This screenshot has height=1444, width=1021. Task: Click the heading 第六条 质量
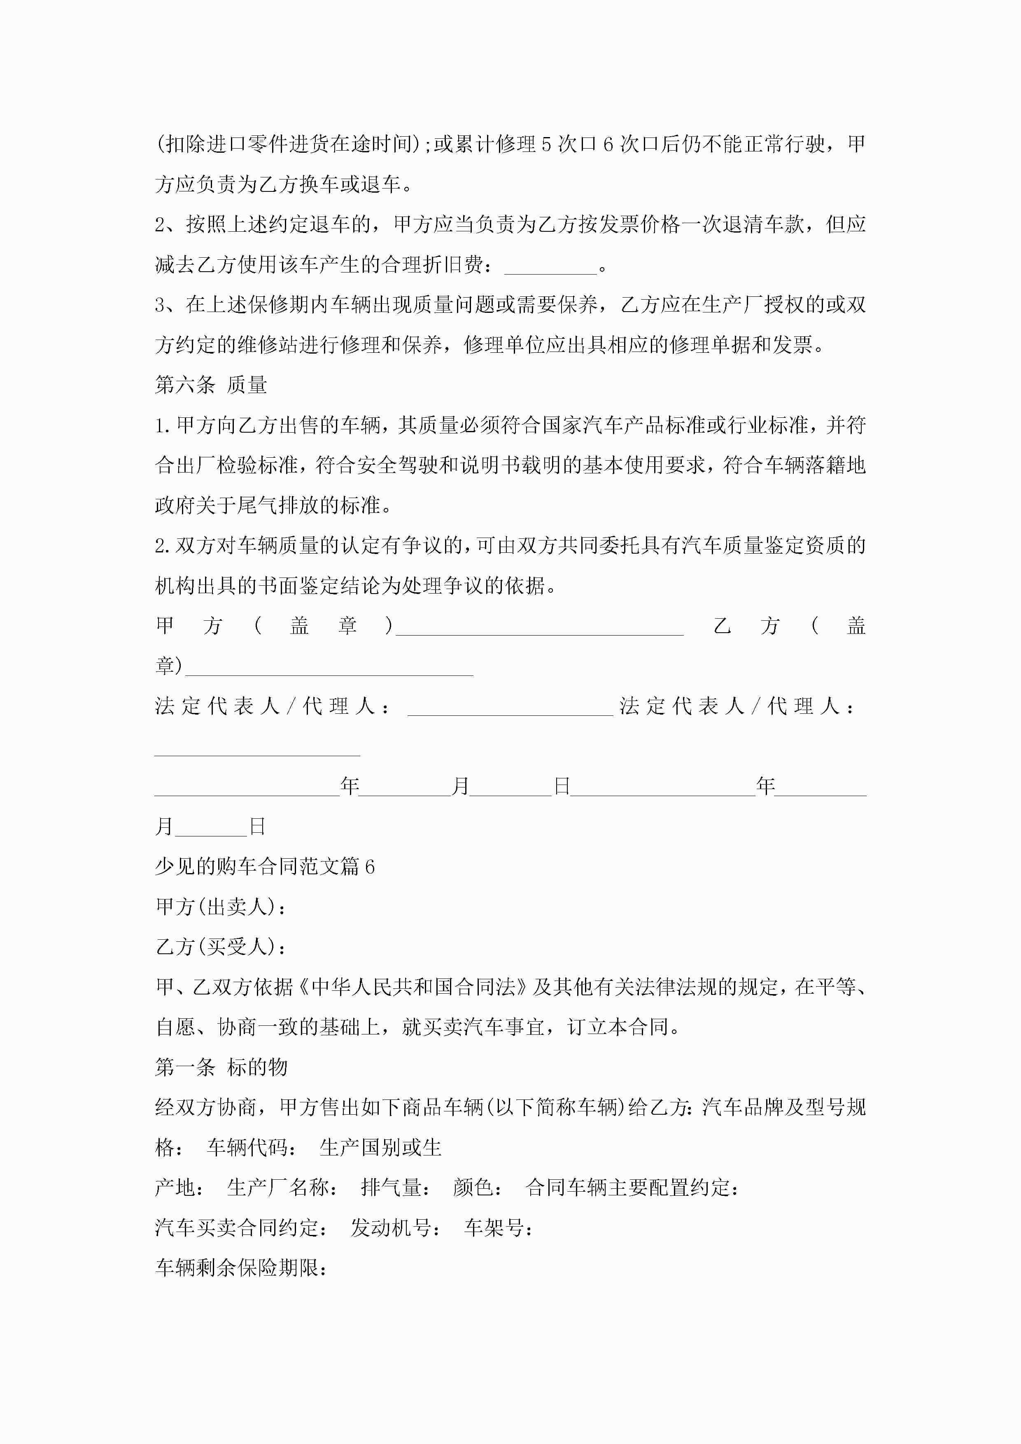[211, 385]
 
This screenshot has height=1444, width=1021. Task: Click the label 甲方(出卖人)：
[221, 907]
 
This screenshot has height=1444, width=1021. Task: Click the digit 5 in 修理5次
[546, 144]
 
